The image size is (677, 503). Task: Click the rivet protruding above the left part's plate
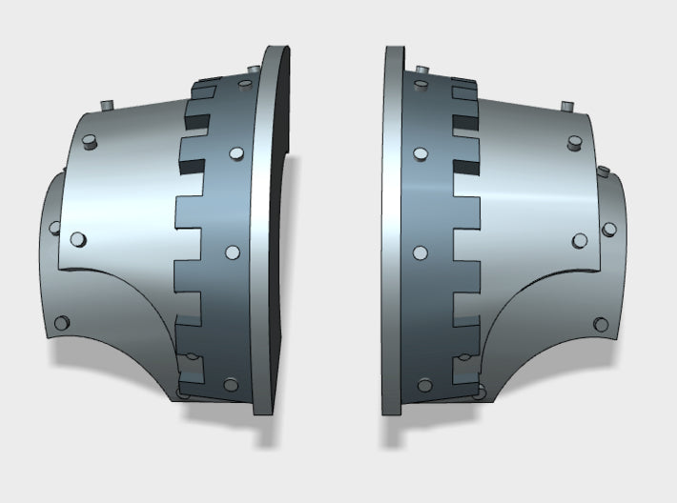[x=108, y=102]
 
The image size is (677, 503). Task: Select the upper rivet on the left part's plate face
[x=89, y=142]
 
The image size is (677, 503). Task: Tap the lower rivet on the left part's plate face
[x=78, y=237]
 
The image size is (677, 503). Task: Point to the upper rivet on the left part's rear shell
[x=53, y=228]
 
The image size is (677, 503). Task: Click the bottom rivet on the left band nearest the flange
[x=230, y=385]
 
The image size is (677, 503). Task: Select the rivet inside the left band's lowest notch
[x=194, y=359]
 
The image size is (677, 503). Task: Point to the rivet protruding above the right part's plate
[x=565, y=103]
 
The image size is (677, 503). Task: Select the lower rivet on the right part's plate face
[x=579, y=240]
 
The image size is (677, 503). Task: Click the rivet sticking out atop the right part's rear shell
[x=604, y=171]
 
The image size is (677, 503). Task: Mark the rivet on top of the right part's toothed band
[x=419, y=70]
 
